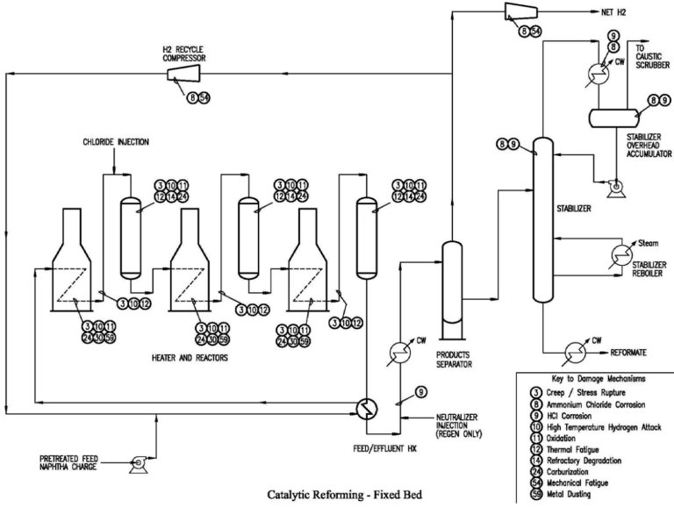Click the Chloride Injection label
117,140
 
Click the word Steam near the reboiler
649,242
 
